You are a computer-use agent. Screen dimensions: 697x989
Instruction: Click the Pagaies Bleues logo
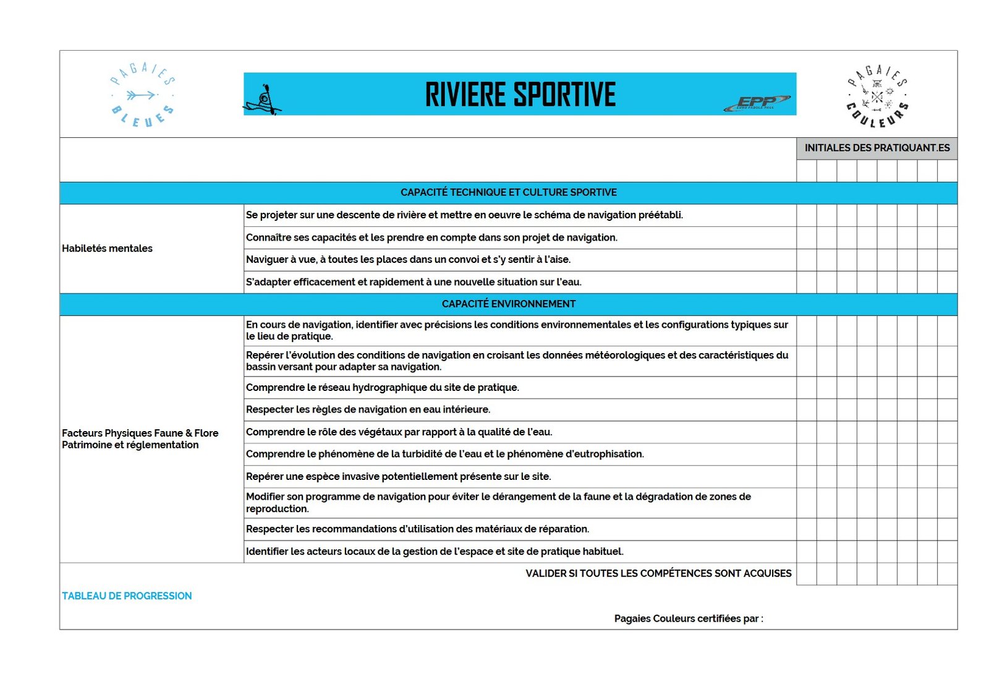[x=142, y=95]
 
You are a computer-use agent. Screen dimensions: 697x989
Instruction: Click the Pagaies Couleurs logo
[x=877, y=96]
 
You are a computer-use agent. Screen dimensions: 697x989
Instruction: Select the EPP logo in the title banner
[x=757, y=103]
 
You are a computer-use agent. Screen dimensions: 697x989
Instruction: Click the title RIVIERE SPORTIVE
[x=520, y=95]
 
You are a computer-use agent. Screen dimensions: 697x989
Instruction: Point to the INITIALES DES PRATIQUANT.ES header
[x=877, y=148]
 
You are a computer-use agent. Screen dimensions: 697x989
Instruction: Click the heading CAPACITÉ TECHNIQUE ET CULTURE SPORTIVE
[x=508, y=192]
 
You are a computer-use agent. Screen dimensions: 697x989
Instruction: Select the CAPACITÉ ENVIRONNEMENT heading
[x=508, y=304]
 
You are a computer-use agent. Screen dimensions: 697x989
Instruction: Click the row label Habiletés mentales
[x=107, y=249]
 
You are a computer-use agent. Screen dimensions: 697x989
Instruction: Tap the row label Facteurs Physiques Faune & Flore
[x=140, y=433]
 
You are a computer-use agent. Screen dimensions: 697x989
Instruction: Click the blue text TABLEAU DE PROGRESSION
[x=127, y=596]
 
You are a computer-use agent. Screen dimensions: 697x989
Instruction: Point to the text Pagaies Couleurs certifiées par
[x=688, y=618]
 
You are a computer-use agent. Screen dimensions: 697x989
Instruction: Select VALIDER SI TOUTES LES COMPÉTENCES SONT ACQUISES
[x=658, y=573]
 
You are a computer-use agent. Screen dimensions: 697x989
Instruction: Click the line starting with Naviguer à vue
[x=408, y=260]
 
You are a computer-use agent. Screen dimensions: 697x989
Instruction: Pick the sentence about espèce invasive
[x=398, y=476]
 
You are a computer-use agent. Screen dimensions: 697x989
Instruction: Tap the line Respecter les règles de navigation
[x=368, y=409]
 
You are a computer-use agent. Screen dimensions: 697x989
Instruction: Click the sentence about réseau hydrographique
[x=382, y=388]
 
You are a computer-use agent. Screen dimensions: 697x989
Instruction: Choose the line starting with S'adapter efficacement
[x=414, y=282]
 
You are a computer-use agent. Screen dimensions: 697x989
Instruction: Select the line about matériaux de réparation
[x=417, y=529]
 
